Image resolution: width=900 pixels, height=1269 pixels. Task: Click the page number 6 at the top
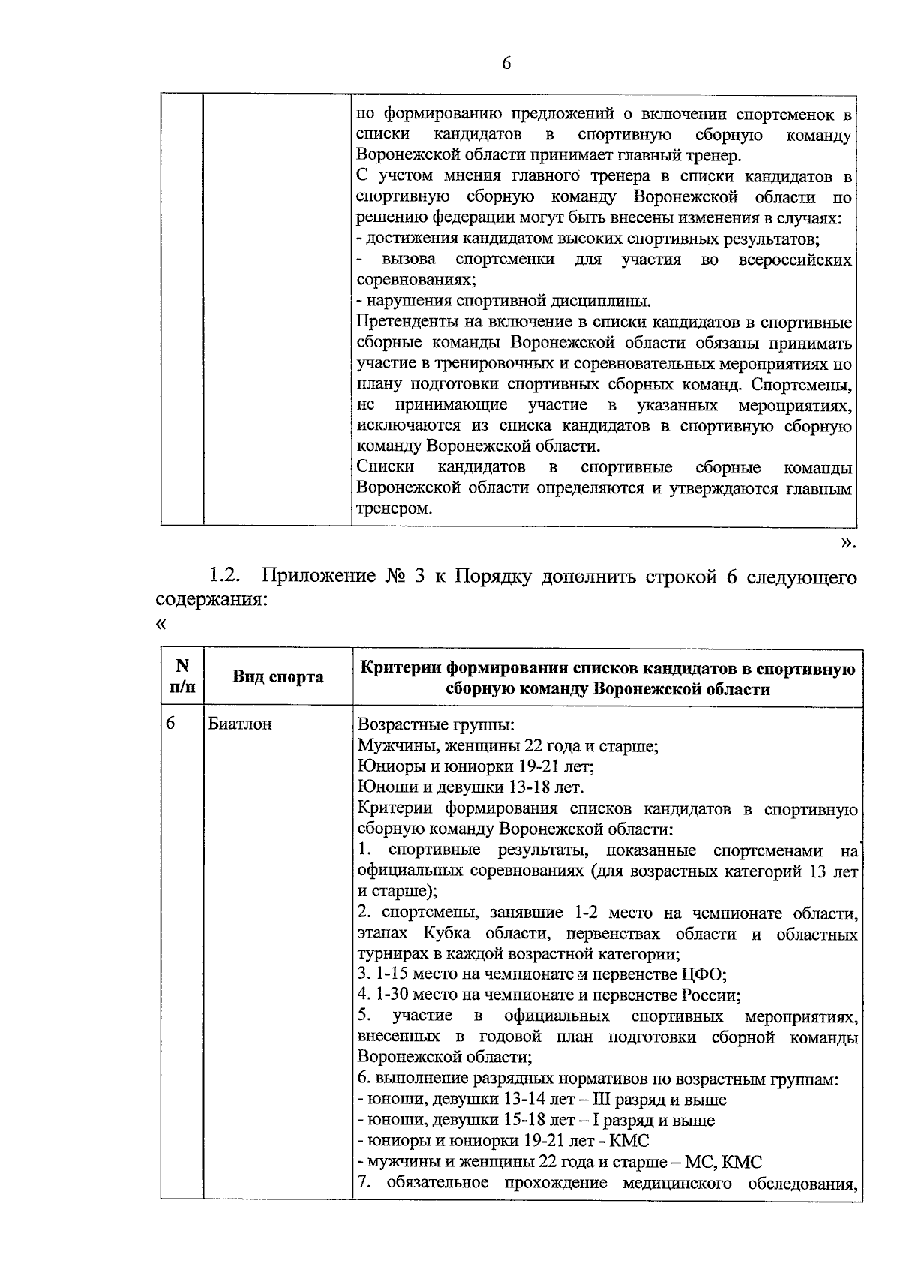pyautogui.click(x=505, y=64)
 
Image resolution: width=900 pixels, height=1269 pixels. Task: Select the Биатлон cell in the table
pyautogui.click(x=240, y=724)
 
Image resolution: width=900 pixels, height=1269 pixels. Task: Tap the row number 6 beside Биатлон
pyautogui.click(x=170, y=724)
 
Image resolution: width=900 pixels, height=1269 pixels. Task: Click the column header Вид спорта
pyautogui.click(x=277, y=677)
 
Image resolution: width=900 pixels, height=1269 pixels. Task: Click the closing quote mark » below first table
pyautogui.click(x=847, y=542)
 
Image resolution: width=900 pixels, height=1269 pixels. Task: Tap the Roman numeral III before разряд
pyautogui.click(x=601, y=1099)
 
